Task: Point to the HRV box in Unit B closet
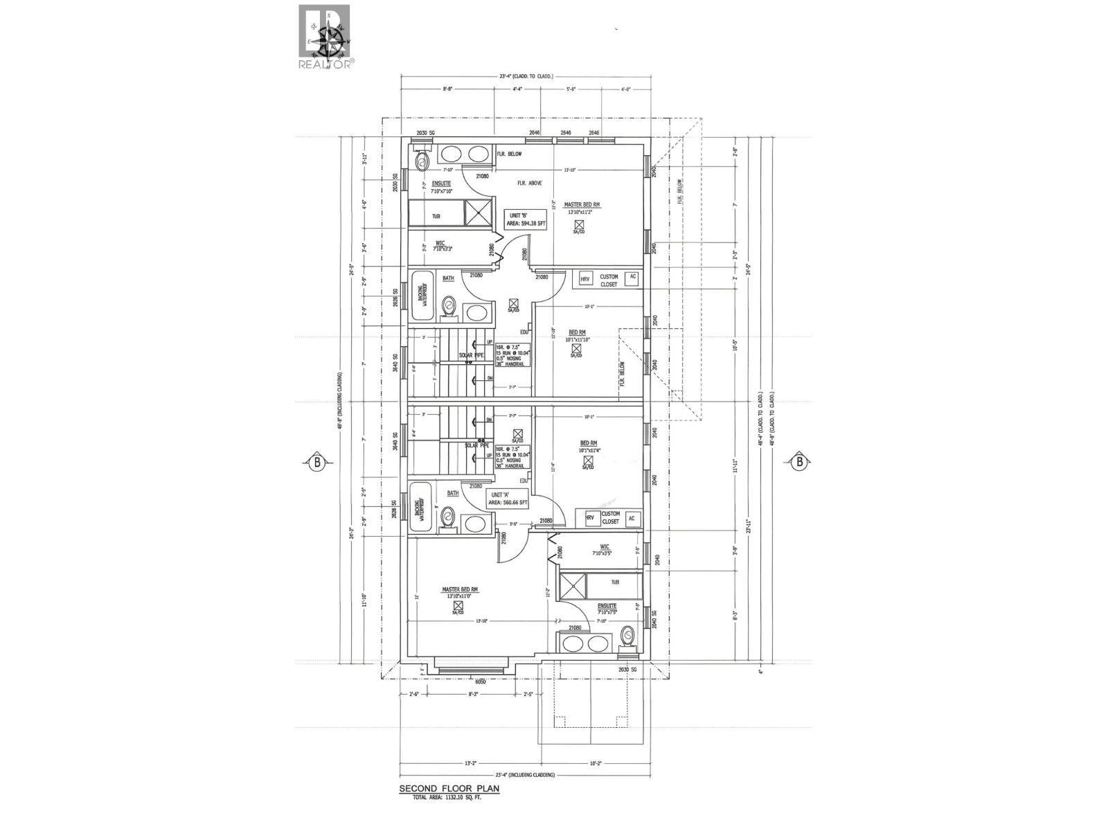(x=585, y=278)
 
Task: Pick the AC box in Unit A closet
(x=631, y=519)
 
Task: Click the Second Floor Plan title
(x=449, y=808)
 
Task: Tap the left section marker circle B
(x=315, y=461)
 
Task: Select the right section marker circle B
(x=799, y=461)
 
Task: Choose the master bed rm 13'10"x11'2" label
(x=582, y=208)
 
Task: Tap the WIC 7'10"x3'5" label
(x=599, y=550)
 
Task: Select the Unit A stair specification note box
(x=512, y=457)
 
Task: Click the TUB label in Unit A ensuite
(x=616, y=582)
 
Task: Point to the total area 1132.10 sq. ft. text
(x=446, y=817)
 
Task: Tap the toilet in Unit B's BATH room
(x=448, y=307)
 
